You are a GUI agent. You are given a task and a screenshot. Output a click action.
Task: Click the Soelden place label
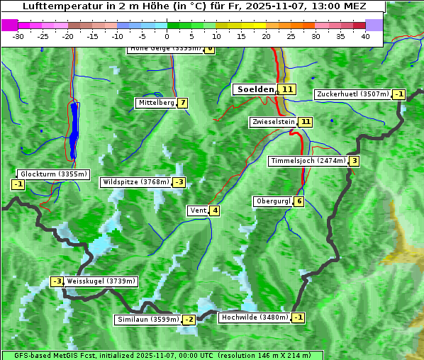pyautogui.click(x=255, y=89)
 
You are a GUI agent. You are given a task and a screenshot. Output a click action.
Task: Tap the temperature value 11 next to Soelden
pyautogui.click(x=286, y=89)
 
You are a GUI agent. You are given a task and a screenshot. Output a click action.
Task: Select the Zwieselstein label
pyautogui.click(x=273, y=122)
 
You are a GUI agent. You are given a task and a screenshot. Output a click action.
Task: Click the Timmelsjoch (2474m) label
pyautogui.click(x=308, y=161)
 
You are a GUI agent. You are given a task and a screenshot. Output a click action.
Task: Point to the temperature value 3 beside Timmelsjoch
pyautogui.click(x=354, y=161)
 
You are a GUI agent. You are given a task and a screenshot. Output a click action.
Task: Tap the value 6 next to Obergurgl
pyautogui.click(x=299, y=201)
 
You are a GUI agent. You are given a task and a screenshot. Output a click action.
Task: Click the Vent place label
pyautogui.click(x=197, y=210)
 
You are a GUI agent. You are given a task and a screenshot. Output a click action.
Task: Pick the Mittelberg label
pyautogui.click(x=156, y=103)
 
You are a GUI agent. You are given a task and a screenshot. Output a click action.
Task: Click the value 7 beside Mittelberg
pyautogui.click(x=183, y=103)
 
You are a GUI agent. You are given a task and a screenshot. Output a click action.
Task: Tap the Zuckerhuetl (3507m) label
pyautogui.click(x=354, y=94)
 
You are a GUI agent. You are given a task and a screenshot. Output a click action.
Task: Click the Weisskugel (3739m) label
pyautogui.click(x=100, y=281)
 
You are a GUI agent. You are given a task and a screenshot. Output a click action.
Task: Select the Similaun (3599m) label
pyautogui.click(x=148, y=320)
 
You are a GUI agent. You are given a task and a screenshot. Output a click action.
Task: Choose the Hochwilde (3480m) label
pyautogui.click(x=255, y=317)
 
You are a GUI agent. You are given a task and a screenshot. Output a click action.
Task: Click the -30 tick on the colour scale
pyautogui.click(x=18, y=35)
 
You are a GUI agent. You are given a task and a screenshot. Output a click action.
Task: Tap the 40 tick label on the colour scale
pyautogui.click(x=365, y=35)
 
